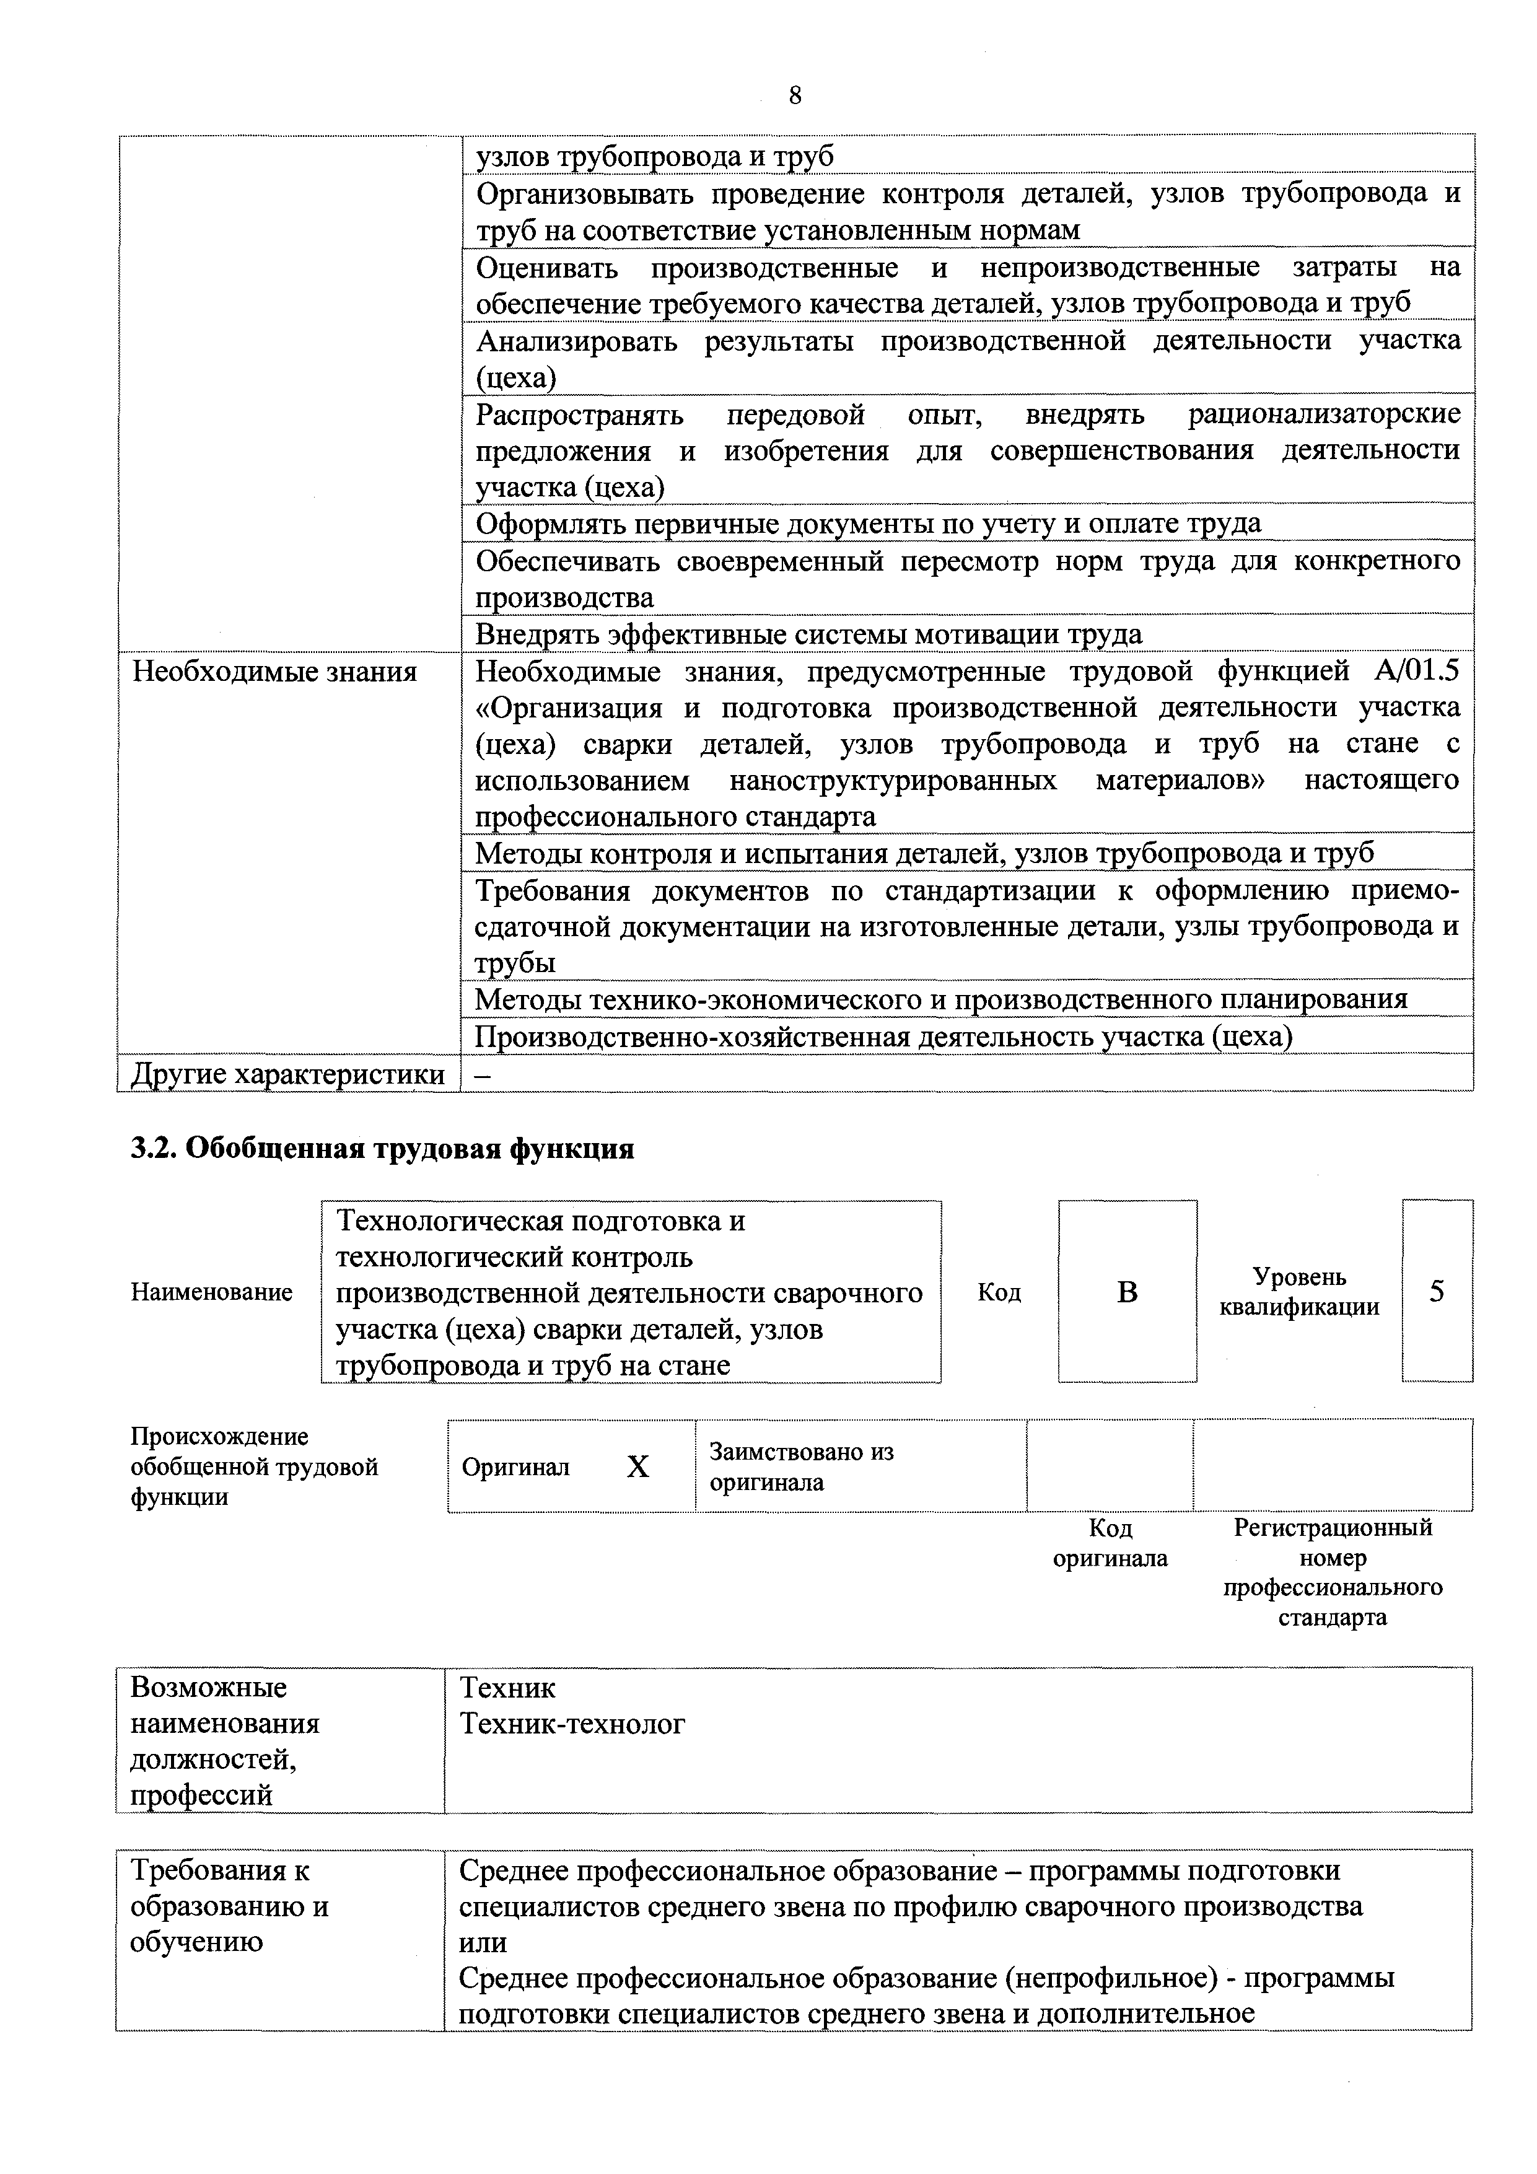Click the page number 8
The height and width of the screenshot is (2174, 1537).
(795, 95)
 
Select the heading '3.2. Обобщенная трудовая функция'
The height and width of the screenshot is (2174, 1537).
(382, 1149)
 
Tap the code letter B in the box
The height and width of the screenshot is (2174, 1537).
(1127, 1292)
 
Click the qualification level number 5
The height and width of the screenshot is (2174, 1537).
(1437, 1292)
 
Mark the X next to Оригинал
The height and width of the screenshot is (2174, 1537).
(638, 1466)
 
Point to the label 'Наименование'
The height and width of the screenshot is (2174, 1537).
(211, 1292)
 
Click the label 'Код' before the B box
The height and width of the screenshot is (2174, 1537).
(999, 1292)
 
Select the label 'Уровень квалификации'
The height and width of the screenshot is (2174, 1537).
(1299, 1292)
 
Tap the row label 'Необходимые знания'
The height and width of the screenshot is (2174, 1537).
(274, 672)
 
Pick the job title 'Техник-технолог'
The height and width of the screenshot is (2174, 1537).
(572, 1724)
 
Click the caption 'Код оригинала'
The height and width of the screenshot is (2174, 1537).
(1110, 1543)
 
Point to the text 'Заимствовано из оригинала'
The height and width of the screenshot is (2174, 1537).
(801, 1466)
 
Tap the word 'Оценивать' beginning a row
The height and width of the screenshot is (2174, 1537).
(546, 268)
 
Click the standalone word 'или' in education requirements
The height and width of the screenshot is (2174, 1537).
(483, 1942)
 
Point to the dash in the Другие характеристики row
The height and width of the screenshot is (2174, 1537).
(482, 1075)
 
